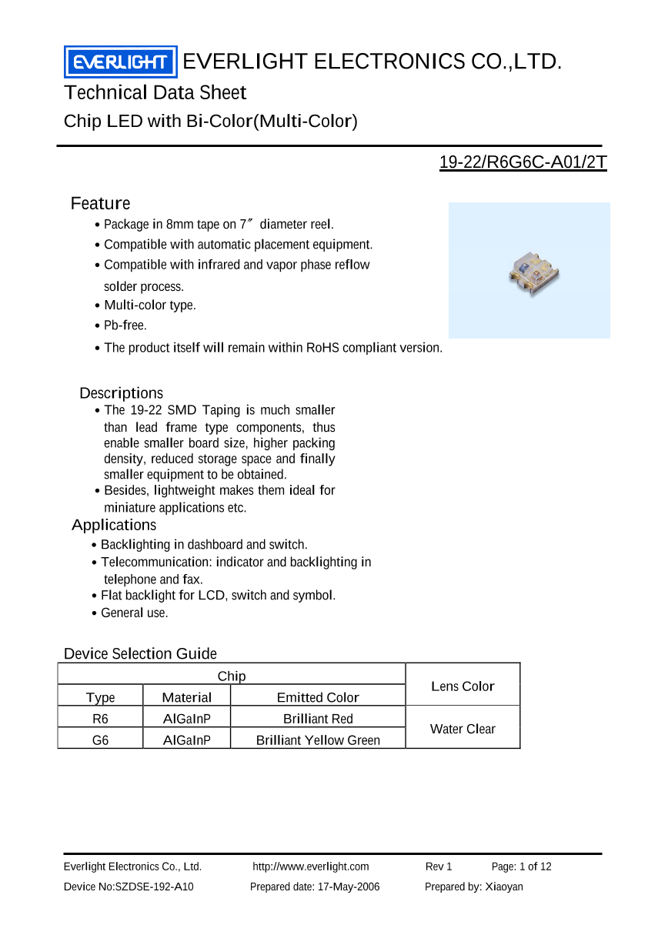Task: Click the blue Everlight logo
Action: point(120,62)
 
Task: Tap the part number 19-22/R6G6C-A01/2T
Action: point(523,163)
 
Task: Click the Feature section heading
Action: point(100,204)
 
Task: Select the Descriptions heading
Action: point(122,393)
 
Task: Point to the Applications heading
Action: point(114,526)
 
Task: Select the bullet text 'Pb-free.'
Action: point(125,326)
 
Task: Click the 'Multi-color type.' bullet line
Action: point(149,306)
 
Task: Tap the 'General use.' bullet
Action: point(134,613)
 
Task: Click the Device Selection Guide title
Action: point(140,654)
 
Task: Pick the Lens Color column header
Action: point(463,686)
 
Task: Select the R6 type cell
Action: point(100,719)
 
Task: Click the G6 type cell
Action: point(100,740)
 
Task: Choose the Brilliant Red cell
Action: point(318,719)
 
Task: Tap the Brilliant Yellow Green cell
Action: point(318,740)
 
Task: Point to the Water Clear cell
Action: point(463,730)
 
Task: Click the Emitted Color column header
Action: point(318,698)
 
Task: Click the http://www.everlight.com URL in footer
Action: point(311,867)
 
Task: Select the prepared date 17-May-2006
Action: point(315,887)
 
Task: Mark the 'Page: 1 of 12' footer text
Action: point(521,867)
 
